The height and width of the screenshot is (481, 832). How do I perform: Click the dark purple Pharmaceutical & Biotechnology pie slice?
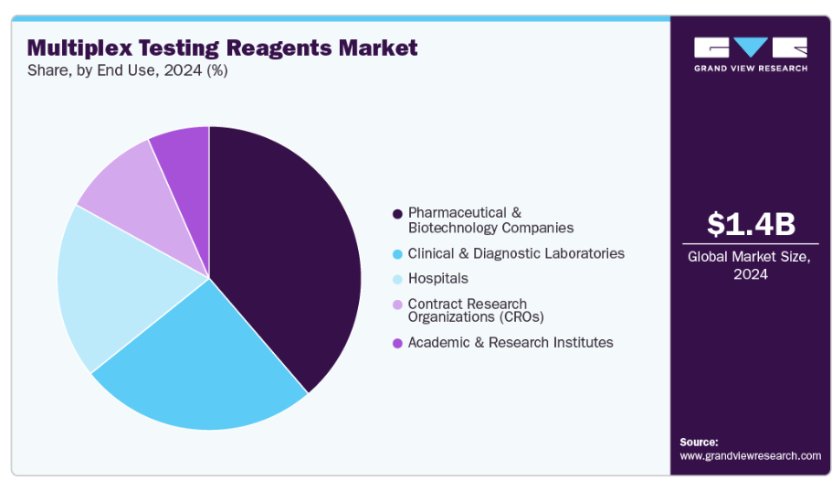[283, 256]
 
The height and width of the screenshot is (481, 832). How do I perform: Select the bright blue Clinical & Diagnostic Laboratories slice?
[205, 366]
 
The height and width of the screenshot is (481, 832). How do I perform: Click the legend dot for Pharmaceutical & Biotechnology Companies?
[397, 214]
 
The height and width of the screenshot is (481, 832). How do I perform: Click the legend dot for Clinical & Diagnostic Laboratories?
[397, 253]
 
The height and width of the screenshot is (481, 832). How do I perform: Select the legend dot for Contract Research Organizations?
[397, 305]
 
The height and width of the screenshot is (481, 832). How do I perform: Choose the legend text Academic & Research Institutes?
[511, 342]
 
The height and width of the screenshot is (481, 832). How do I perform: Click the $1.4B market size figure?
[750, 224]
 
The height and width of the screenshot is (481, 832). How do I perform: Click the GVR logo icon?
[750, 47]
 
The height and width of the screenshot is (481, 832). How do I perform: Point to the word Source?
[700, 442]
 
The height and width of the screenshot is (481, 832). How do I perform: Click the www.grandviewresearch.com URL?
[751, 455]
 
